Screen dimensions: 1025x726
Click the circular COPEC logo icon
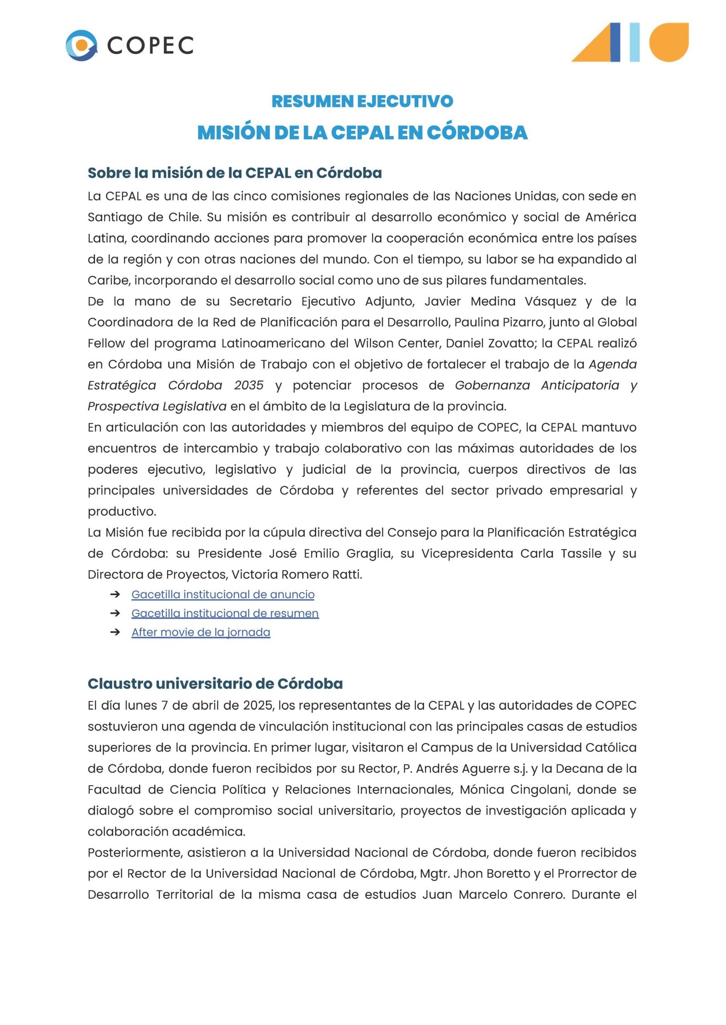pyautogui.click(x=81, y=45)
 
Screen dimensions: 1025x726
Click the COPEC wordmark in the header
pyautogui.click(x=150, y=46)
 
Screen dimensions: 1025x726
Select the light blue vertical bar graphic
pyautogui.click(x=634, y=42)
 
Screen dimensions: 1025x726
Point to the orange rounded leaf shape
pyautogui.click(x=669, y=42)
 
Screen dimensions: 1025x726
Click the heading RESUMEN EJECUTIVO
pyautogui.click(x=362, y=101)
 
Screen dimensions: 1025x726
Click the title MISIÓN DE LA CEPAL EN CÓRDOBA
pyautogui.click(x=362, y=132)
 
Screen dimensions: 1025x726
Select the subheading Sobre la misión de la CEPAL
pyautogui.click(x=235, y=173)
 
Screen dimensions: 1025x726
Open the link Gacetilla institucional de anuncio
pyautogui.click(x=223, y=594)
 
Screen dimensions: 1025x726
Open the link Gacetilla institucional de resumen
pyautogui.click(x=225, y=613)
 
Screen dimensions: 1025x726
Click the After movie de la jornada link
pyautogui.click(x=201, y=632)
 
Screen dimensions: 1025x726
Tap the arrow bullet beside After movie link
pyautogui.click(x=115, y=632)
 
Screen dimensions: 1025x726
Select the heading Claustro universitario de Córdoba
pyautogui.click(x=215, y=683)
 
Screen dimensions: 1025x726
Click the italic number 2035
pyautogui.click(x=249, y=386)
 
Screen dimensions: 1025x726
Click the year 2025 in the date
pyautogui.click(x=258, y=706)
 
